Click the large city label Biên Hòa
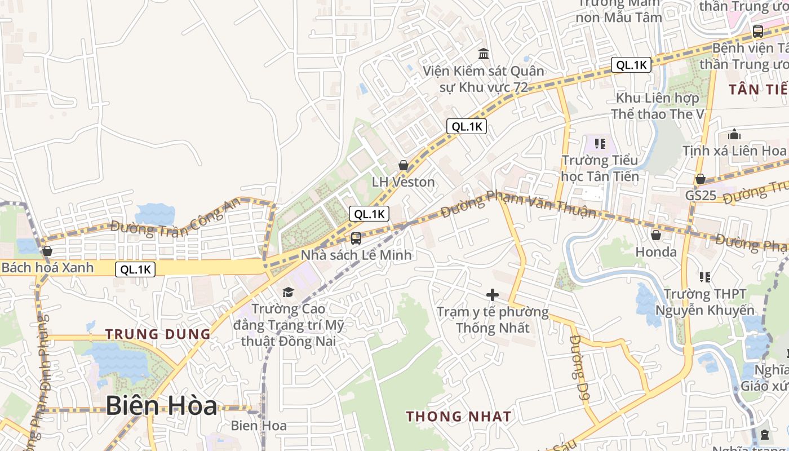tap(161, 406)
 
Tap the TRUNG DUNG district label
tap(158, 334)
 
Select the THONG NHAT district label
tap(459, 417)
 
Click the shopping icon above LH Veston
tap(404, 165)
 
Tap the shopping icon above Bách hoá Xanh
tap(47, 250)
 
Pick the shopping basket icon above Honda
tap(655, 235)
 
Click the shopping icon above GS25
tap(701, 179)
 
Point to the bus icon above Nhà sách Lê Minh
tap(356, 238)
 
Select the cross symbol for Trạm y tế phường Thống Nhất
tap(493, 294)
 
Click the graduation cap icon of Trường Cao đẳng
tap(288, 291)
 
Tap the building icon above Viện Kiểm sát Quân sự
tap(484, 54)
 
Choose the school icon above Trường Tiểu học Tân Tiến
tap(600, 144)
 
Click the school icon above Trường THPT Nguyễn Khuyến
tap(704, 277)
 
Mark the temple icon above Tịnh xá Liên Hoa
tap(734, 134)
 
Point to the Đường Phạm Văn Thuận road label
tap(518, 204)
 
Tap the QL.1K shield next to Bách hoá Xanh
tap(135, 269)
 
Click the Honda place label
tap(656, 252)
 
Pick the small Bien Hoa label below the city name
tap(259, 426)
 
